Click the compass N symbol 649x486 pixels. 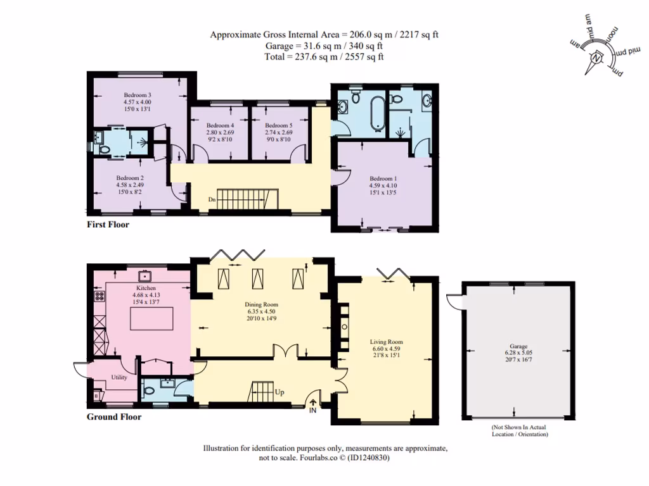point(596,59)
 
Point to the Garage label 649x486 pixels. point(519,347)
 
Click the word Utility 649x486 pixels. point(119,377)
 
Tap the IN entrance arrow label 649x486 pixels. point(312,411)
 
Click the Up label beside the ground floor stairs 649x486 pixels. point(280,392)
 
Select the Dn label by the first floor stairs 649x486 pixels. point(212,201)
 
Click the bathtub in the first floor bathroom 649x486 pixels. point(378,112)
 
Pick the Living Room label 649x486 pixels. point(386,342)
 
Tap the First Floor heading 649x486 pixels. point(108,225)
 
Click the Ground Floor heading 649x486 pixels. point(113,417)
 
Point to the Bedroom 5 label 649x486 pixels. point(279,126)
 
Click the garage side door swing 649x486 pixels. point(454,301)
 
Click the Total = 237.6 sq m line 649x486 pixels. point(324,56)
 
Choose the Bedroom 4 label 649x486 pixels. point(220,126)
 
